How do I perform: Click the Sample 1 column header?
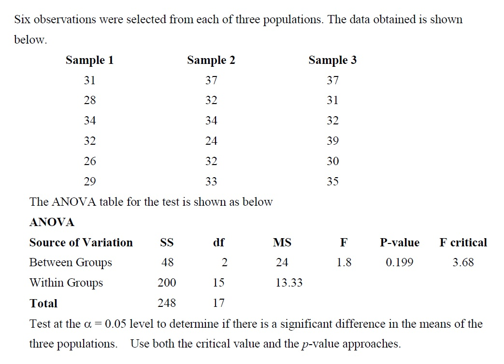pos(90,60)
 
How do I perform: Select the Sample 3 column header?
pos(332,60)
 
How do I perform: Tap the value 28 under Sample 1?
pos(90,100)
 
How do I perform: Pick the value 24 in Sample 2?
pos(211,141)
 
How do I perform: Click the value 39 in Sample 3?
pos(332,141)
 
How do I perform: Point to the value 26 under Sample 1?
pos(90,161)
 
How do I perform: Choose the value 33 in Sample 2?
pos(211,182)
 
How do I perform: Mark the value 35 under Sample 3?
pos(332,182)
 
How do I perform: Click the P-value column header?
pos(399,243)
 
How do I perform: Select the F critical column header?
pos(463,243)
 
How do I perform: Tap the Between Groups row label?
pos(71,262)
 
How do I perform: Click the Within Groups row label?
pos(66,283)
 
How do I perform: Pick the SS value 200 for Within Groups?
pos(167,283)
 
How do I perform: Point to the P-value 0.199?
pos(399,262)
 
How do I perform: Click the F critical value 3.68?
pos(463,262)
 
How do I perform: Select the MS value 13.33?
pos(288,283)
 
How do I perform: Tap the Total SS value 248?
pos(167,303)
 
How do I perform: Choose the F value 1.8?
pos(344,262)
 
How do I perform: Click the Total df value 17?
pos(218,303)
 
